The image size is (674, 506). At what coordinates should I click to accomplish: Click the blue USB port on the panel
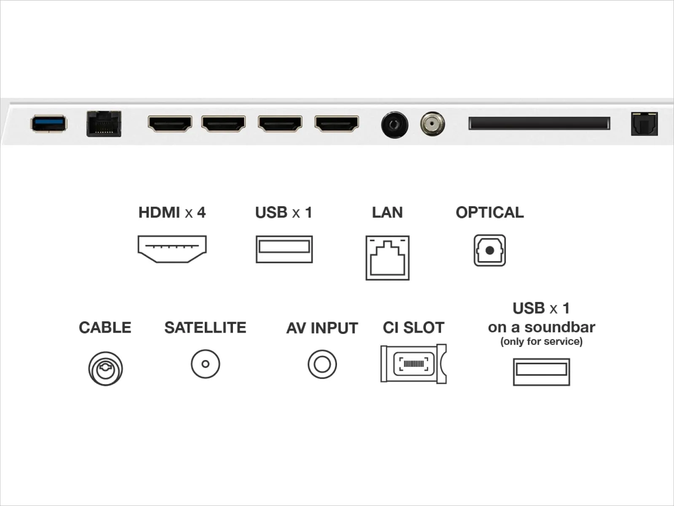(x=48, y=124)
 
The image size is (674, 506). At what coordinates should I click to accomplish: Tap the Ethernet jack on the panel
(x=104, y=124)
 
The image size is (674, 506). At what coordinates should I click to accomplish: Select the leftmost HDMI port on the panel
(x=170, y=124)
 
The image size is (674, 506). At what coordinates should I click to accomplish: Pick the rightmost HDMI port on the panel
(x=337, y=124)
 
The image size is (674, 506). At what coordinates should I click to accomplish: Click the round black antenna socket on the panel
(x=395, y=125)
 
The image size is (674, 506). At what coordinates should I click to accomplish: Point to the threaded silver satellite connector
(x=432, y=124)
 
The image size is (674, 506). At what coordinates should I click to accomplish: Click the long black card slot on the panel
(x=539, y=123)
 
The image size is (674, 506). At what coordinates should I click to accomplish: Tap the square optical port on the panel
(x=644, y=124)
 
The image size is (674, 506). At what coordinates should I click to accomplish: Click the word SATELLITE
(x=205, y=328)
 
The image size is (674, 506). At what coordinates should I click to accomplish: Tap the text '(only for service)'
(x=541, y=342)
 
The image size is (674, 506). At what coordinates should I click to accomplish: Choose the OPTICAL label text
(x=489, y=212)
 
